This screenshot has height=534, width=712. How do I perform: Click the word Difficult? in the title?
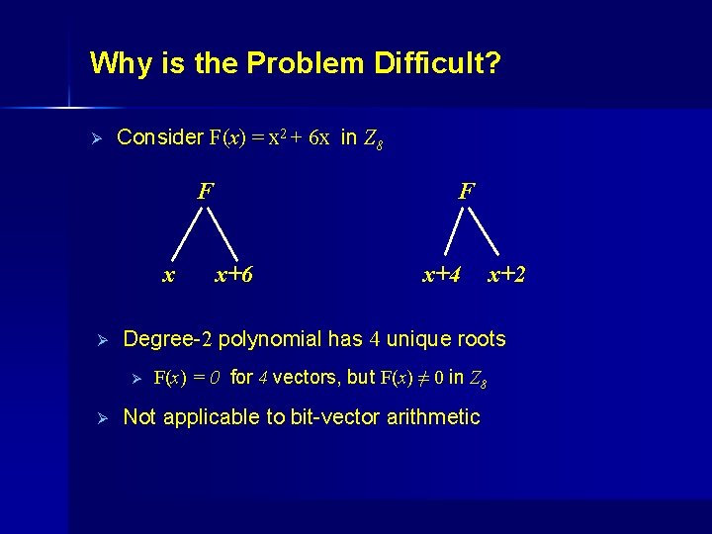pos(438,64)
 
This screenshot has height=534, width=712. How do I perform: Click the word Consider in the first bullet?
pos(159,137)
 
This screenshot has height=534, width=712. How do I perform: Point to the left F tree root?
pos(205,190)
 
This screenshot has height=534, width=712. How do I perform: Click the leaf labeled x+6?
pos(234,274)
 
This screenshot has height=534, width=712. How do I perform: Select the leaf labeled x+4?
pos(442,274)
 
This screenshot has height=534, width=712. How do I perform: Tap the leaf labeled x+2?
pos(506,274)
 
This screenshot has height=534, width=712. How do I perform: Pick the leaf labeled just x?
pos(169,274)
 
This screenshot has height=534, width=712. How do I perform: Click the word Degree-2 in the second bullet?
pos(167,340)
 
